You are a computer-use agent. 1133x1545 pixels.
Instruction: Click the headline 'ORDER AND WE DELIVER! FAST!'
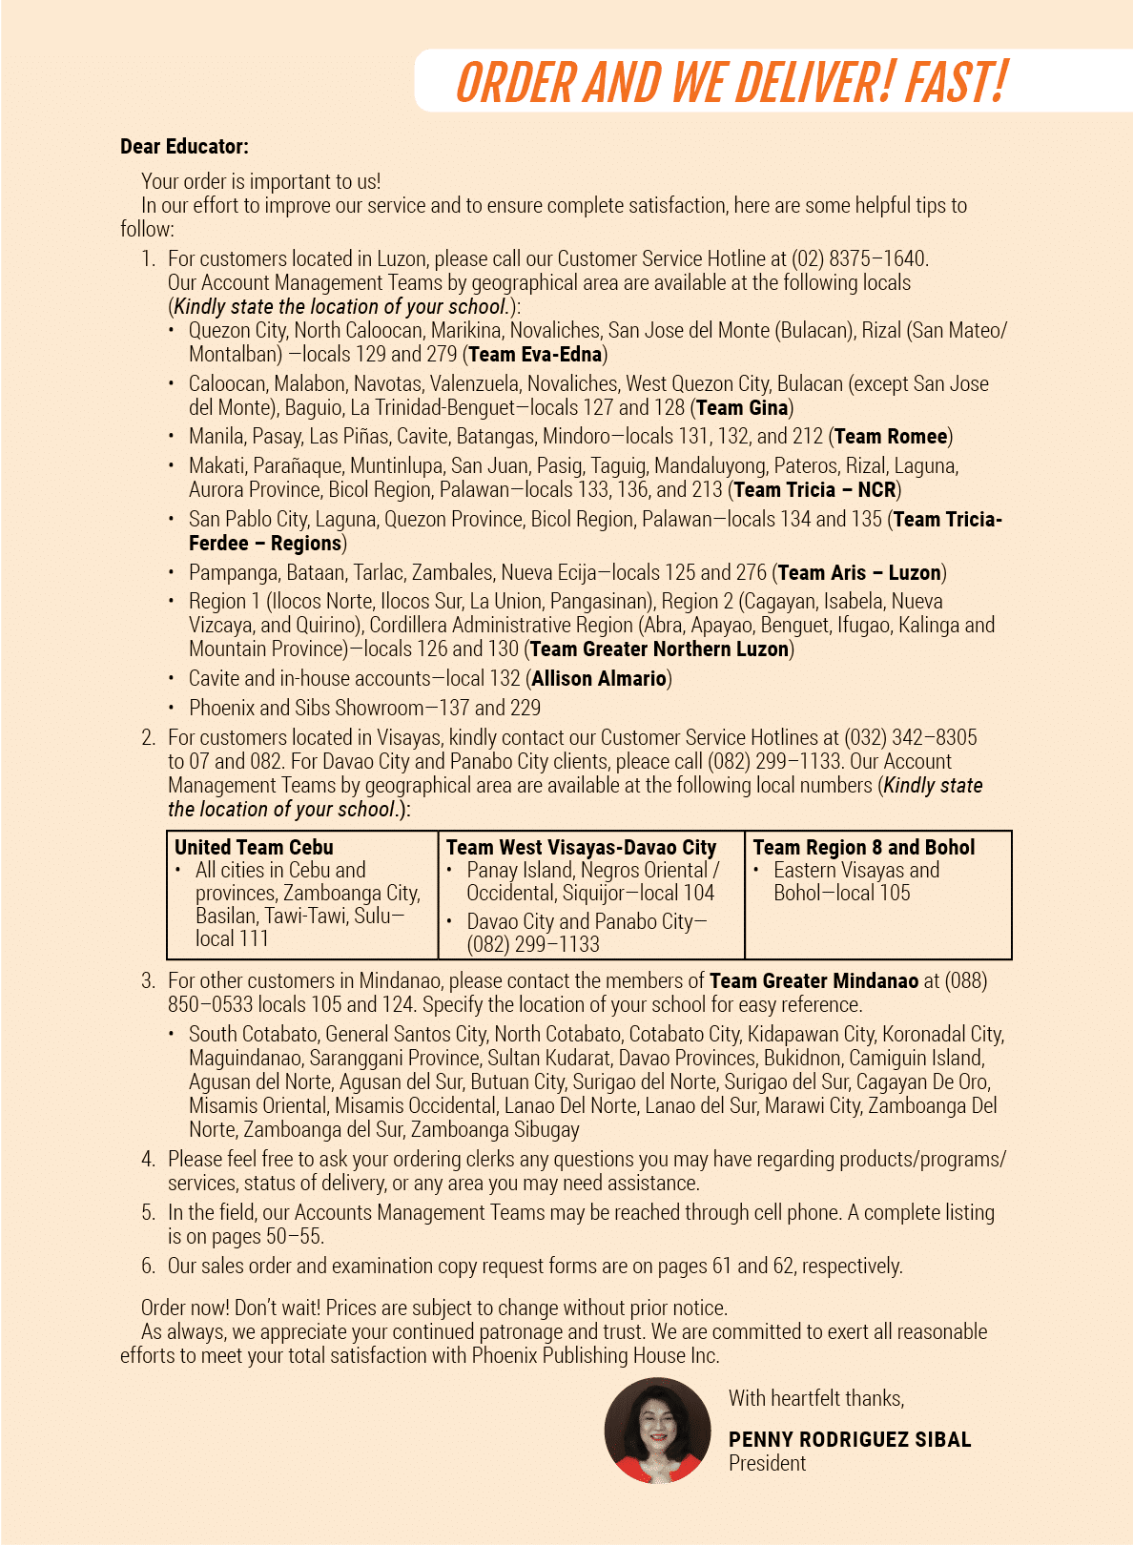(731, 82)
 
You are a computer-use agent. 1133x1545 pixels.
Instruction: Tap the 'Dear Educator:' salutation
(184, 147)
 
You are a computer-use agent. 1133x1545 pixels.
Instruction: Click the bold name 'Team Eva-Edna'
(535, 355)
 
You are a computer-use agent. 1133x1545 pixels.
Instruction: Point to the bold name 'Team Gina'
(742, 408)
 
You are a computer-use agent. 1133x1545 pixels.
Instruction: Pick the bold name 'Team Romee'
(891, 437)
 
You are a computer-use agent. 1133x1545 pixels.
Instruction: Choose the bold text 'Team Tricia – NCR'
(814, 490)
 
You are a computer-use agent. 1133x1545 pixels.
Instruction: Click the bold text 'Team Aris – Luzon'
(859, 573)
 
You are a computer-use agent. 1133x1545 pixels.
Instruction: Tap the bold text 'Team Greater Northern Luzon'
(659, 649)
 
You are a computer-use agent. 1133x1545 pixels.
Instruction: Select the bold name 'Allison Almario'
(599, 679)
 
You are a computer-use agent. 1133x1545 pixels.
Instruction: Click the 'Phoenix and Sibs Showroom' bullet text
(306, 708)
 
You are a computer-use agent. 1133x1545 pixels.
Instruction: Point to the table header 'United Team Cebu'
(254, 847)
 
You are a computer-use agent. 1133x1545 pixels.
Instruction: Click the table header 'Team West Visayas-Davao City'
(581, 847)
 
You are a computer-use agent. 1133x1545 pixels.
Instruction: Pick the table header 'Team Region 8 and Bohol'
(863, 847)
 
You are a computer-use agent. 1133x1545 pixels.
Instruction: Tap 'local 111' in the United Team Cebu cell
(232, 938)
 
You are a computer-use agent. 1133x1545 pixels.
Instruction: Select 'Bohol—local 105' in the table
(842, 894)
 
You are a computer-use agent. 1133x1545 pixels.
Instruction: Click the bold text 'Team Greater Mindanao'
(814, 981)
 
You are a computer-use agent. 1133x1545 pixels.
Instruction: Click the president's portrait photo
(657, 1431)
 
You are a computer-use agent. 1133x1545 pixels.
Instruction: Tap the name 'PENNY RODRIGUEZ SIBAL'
(849, 1440)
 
